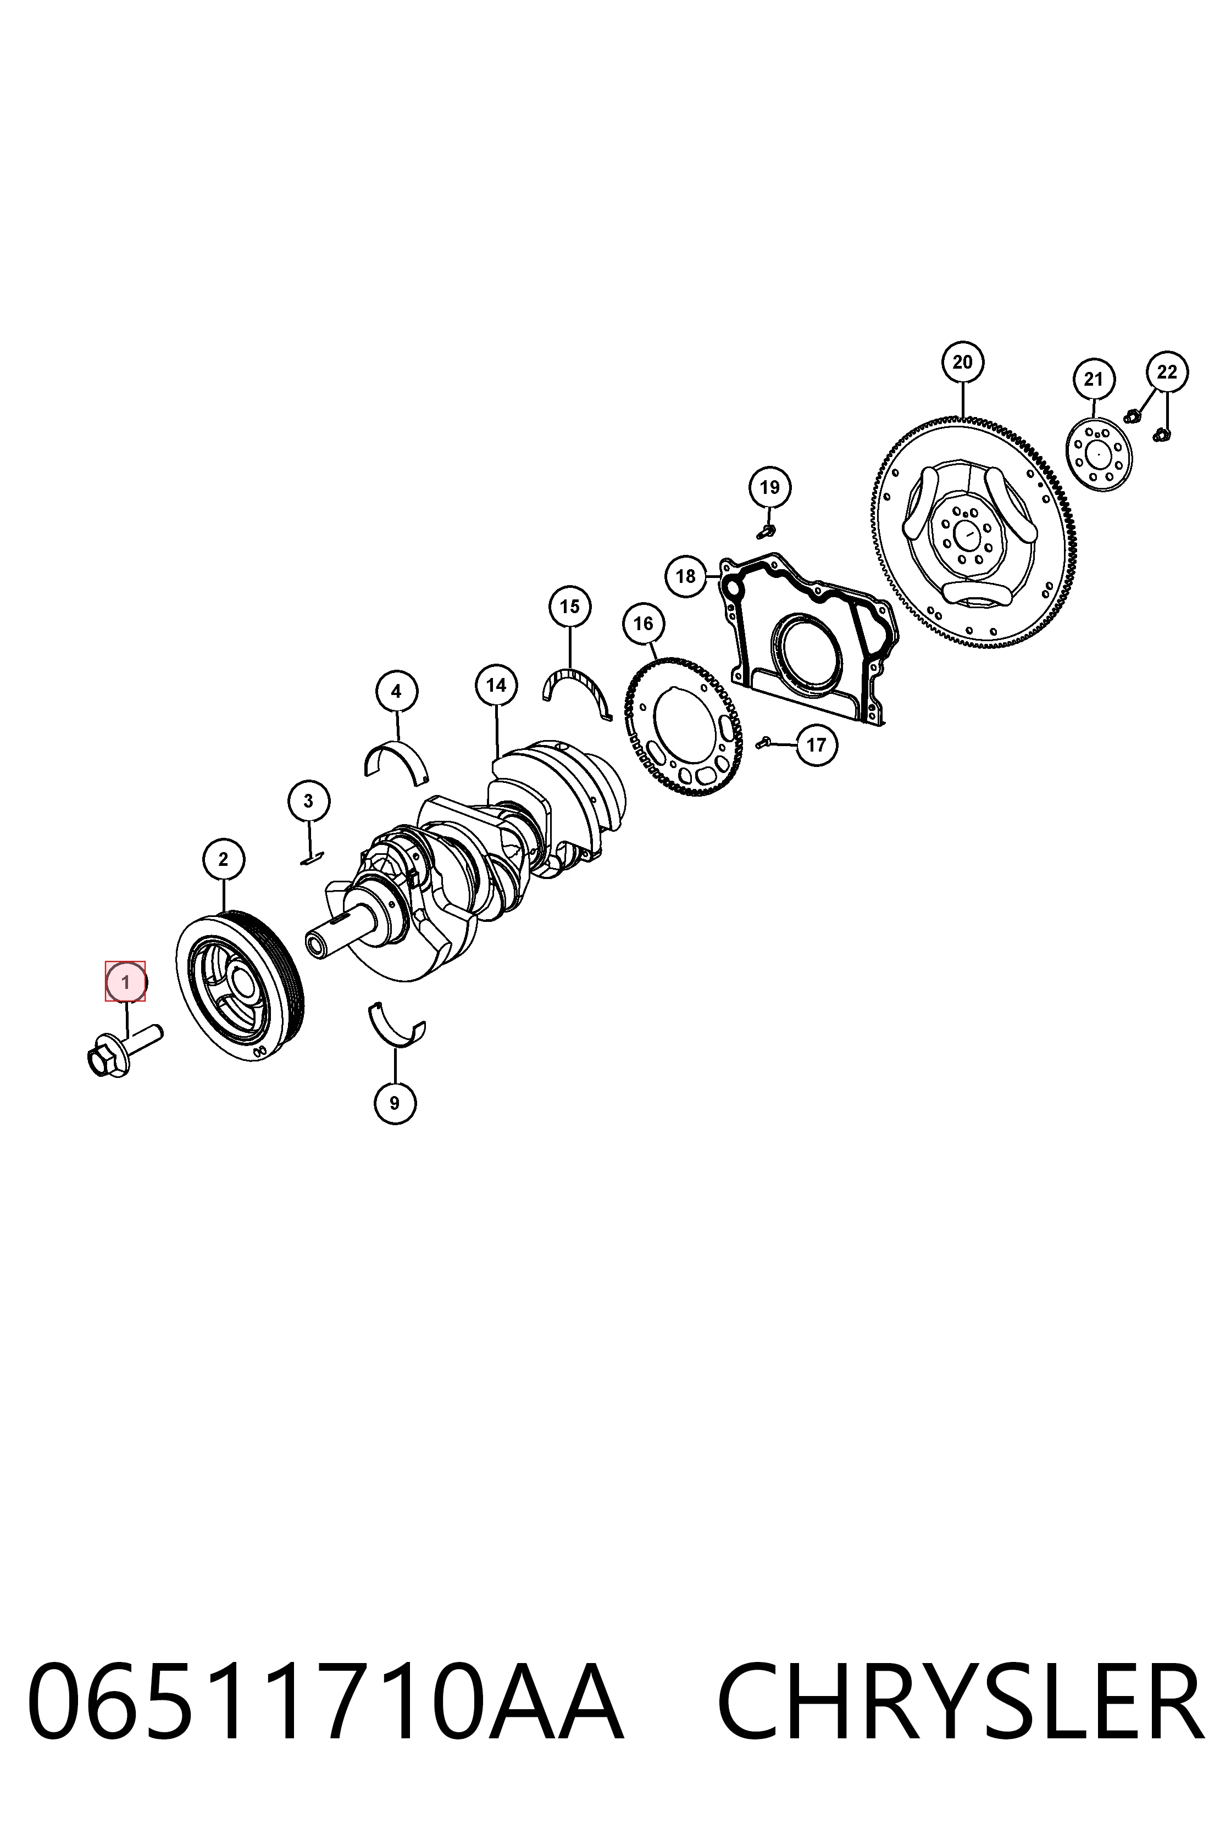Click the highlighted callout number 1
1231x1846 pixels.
126,982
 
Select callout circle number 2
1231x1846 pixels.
224,859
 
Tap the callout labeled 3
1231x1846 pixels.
308,800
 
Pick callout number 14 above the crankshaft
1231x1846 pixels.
496,685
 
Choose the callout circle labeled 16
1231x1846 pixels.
643,623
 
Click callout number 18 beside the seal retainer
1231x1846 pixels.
685,576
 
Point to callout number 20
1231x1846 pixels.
962,362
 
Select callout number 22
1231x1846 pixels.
1167,371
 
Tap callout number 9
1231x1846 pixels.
395,1103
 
